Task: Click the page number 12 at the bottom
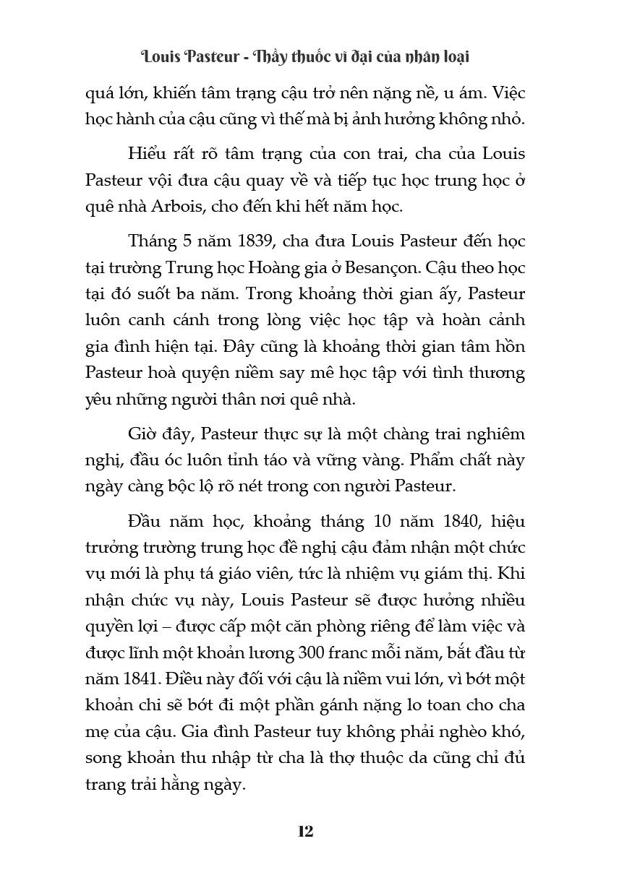pyautogui.click(x=305, y=831)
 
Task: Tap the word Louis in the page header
pyautogui.click(x=163, y=56)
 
